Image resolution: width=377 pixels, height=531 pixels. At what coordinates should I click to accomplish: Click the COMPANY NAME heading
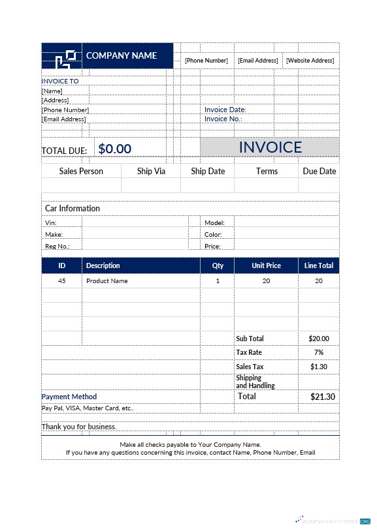tap(122, 56)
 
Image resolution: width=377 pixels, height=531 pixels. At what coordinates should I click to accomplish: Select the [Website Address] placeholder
tap(310, 61)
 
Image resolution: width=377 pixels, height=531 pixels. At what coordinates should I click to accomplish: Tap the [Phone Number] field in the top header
tap(206, 61)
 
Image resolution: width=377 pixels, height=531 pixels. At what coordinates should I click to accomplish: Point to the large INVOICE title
tap(270, 147)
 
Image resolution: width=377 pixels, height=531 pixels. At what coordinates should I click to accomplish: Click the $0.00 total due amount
tap(115, 149)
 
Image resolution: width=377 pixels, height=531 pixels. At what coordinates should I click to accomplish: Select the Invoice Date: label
tap(225, 110)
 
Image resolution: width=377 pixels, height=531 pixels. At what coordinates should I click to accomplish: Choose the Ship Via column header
tap(151, 171)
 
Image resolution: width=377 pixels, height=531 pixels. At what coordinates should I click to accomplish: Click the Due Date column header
tap(319, 171)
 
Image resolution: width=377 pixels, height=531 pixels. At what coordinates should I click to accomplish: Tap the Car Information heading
tap(73, 209)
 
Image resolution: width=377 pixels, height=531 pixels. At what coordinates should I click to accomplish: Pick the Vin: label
tap(51, 223)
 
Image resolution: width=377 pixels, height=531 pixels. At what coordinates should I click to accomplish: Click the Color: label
tap(213, 235)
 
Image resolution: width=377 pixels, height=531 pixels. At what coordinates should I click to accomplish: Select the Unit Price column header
tap(266, 265)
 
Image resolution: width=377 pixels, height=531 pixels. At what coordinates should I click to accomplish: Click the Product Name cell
tap(107, 281)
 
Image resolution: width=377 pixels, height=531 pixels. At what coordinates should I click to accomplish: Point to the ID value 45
tap(62, 281)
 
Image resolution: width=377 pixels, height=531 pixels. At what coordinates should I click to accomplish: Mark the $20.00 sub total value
tap(319, 339)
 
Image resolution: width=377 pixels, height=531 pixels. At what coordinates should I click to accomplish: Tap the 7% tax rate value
tap(319, 353)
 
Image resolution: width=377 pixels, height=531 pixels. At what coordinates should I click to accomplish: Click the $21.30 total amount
tap(322, 397)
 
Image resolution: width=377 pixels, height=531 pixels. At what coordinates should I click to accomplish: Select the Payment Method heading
tap(69, 397)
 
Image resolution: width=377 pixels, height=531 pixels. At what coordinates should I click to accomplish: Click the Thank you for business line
tap(79, 427)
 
